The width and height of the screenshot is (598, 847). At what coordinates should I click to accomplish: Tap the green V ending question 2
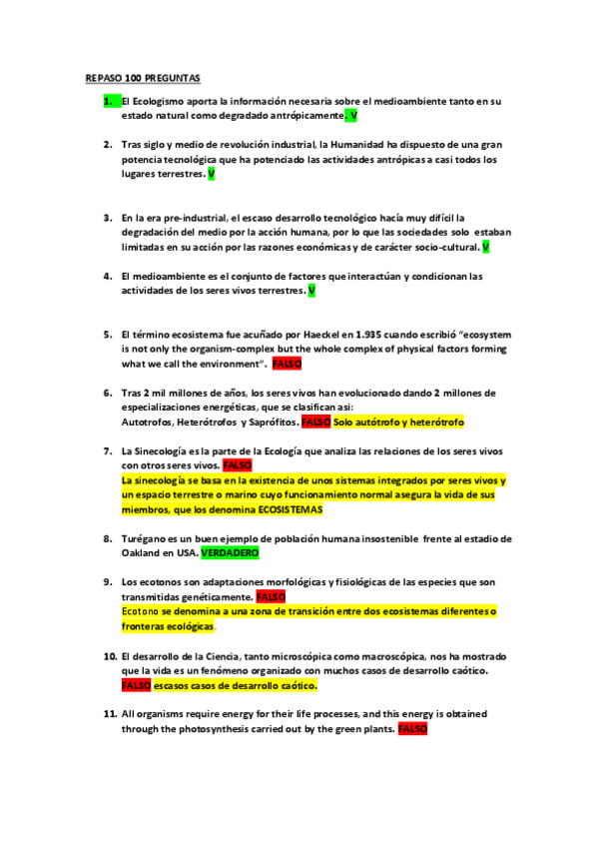point(211,174)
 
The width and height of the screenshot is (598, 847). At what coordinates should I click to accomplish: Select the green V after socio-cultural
point(485,246)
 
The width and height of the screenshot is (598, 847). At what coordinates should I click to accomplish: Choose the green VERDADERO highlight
point(230,552)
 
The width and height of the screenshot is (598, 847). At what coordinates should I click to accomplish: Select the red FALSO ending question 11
point(412,729)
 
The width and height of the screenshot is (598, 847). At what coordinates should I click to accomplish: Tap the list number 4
point(108,276)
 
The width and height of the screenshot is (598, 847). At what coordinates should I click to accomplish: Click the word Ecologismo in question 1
point(162,101)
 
